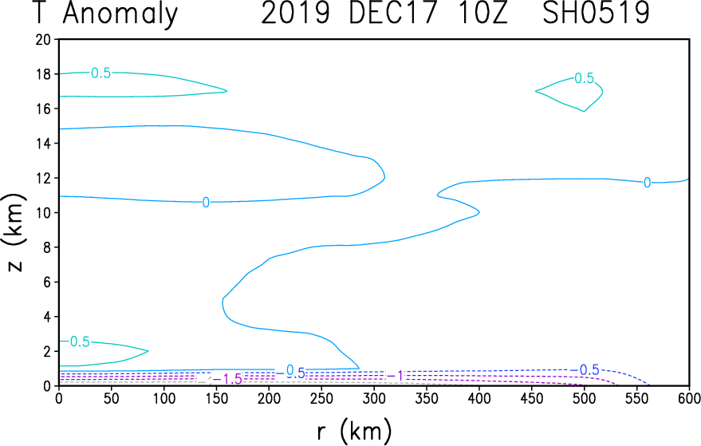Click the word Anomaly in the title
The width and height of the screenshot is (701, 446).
[x=120, y=14]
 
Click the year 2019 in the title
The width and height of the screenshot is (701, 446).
[x=296, y=13]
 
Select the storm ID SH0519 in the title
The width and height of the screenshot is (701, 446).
[x=596, y=13]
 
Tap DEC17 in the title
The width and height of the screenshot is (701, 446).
[x=392, y=13]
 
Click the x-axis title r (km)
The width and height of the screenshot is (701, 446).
[x=355, y=431]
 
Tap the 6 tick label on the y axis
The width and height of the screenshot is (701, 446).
[x=46, y=282]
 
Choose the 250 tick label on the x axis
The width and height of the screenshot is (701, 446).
[x=321, y=398]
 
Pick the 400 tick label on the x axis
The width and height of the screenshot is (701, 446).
[x=478, y=398]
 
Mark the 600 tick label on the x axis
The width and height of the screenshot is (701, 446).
[x=689, y=398]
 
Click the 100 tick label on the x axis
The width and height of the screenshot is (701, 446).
[x=163, y=398]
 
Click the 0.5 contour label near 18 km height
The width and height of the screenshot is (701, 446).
[x=100, y=73]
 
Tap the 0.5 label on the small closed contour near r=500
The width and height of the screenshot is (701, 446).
[x=585, y=78]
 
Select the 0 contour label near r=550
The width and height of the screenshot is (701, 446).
[x=647, y=183]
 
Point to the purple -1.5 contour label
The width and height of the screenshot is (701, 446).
[x=227, y=379]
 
